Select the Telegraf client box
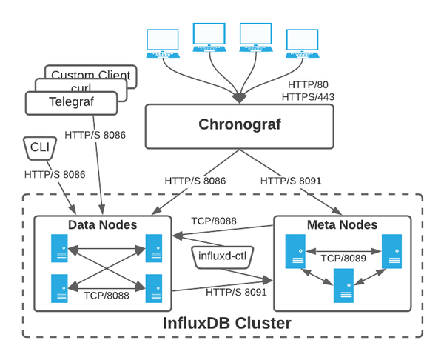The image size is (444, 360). [72, 103]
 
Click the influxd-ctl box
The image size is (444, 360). [223, 256]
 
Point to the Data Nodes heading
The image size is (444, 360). [102, 224]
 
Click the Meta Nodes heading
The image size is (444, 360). [342, 224]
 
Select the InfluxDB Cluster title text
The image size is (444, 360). [226, 324]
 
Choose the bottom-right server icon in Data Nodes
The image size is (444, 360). [154, 285]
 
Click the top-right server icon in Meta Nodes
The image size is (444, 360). [391, 252]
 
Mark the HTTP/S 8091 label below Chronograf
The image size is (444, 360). [291, 180]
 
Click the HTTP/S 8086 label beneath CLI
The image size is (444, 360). [54, 175]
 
